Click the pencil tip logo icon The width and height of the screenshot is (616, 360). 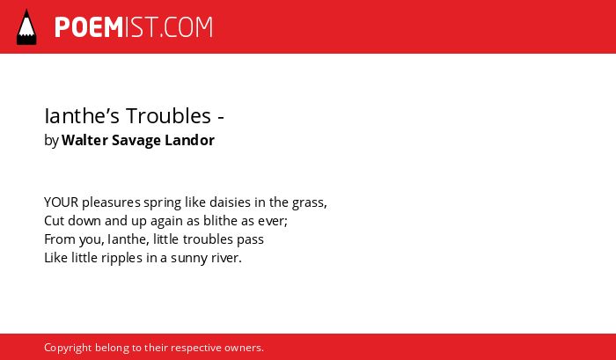(x=26, y=27)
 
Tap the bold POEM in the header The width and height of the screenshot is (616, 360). (x=89, y=27)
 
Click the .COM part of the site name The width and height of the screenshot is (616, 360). (x=186, y=27)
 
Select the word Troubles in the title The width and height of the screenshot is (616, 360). (x=169, y=116)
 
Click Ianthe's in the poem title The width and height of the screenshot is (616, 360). (x=82, y=116)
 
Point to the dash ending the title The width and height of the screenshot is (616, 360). (x=221, y=117)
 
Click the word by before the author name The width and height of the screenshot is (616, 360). (x=51, y=141)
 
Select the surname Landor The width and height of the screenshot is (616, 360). (x=190, y=140)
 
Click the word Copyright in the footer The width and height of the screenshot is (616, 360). (x=68, y=349)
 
